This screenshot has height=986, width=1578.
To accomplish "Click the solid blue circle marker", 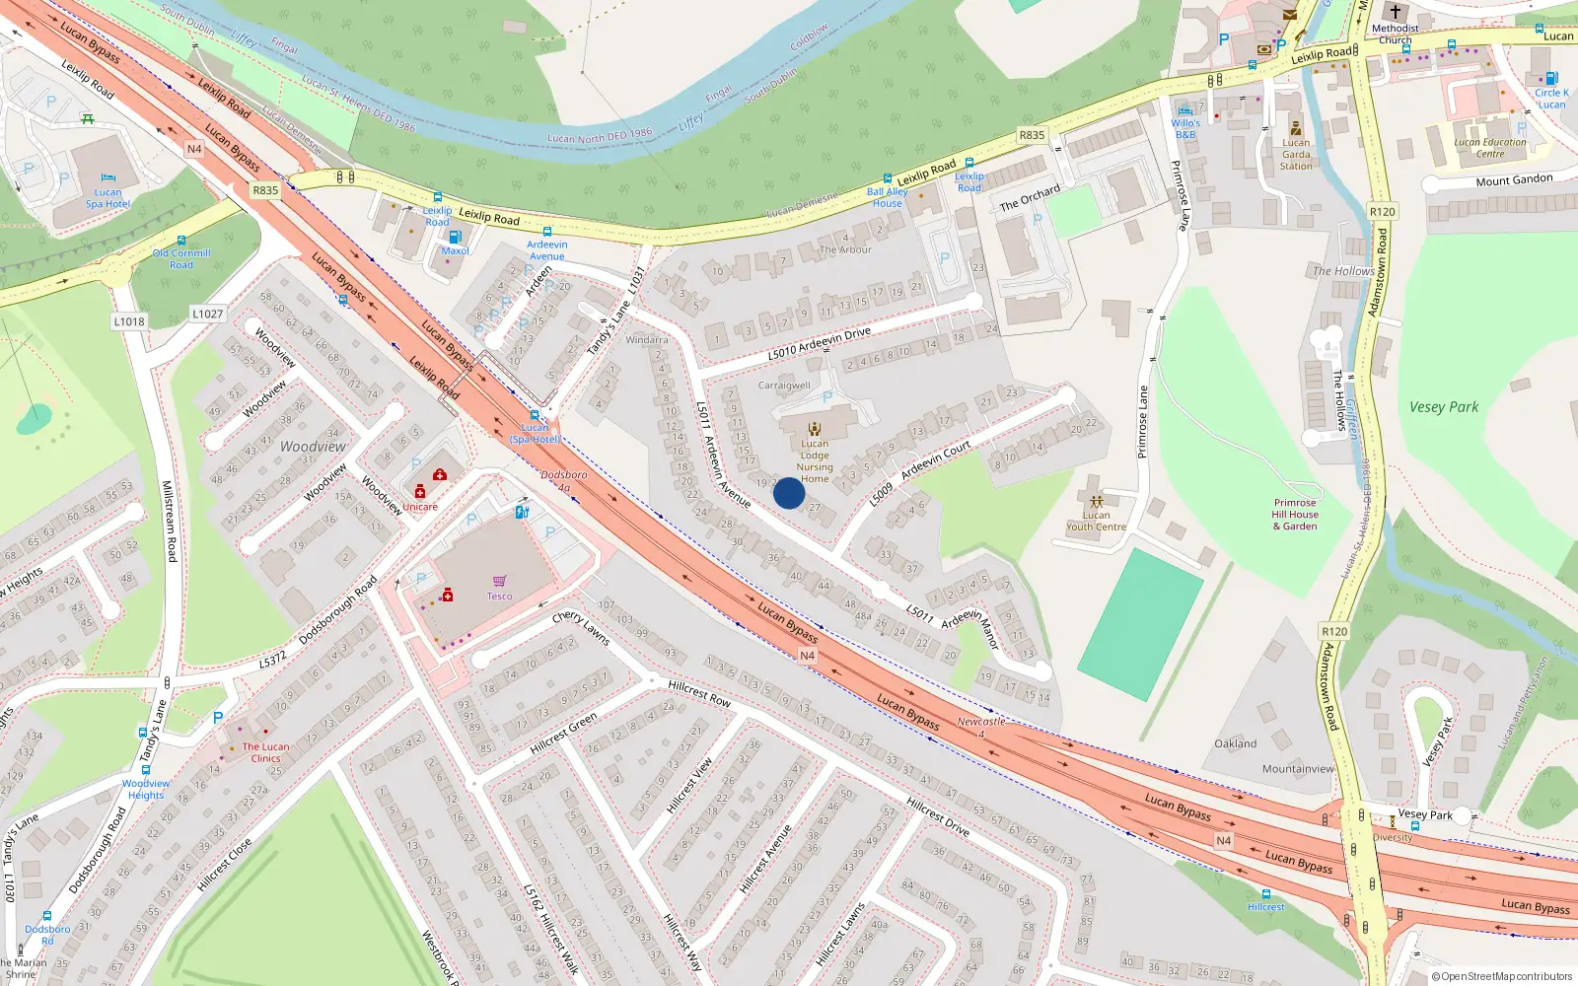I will click(x=789, y=493).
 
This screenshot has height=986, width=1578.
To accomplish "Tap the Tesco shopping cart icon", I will click(x=499, y=581).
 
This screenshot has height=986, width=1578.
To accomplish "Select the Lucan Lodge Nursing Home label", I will click(x=815, y=461).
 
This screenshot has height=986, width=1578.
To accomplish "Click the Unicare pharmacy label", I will click(x=420, y=507).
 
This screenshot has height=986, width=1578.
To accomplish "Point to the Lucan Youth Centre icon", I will click(x=1096, y=501).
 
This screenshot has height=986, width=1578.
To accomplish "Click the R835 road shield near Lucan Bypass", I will click(x=265, y=190).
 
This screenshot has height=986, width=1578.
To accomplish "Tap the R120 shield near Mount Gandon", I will click(x=1382, y=211).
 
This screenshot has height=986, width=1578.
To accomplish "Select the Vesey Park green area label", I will click(x=1443, y=406).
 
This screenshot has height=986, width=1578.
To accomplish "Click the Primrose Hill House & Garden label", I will click(x=1294, y=514).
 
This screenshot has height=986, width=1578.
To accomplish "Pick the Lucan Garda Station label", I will click(x=1296, y=154).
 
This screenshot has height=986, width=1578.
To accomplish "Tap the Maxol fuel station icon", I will click(x=455, y=237).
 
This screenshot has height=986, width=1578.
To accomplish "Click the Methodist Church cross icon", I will click(x=1395, y=12).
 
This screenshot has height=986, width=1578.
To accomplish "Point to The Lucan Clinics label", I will click(x=266, y=752).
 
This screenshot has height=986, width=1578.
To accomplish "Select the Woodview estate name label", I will click(x=313, y=447).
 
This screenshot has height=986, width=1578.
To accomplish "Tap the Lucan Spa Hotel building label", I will click(x=108, y=198).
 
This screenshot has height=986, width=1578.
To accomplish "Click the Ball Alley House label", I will click(x=887, y=197).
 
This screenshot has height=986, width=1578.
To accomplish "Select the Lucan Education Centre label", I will click(x=1489, y=148).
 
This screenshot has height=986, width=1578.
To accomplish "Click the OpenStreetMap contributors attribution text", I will click(x=1502, y=976).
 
